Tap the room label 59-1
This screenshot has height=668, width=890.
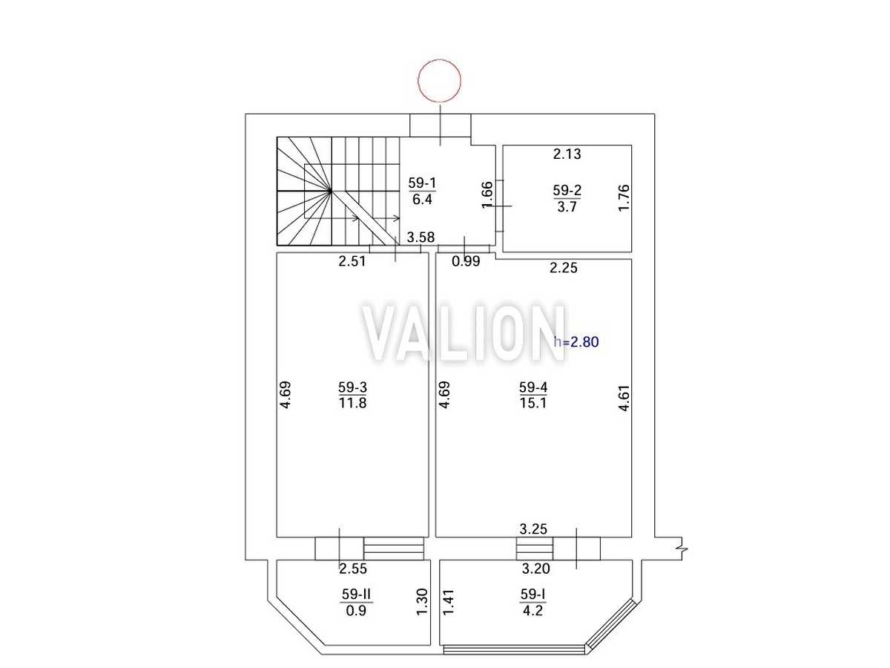422,183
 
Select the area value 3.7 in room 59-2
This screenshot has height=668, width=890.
567,207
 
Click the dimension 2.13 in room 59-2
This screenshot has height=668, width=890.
567,154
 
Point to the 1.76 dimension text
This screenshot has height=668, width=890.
624,197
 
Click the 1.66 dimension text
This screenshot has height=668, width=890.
487,194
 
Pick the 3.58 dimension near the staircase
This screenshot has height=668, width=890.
421,238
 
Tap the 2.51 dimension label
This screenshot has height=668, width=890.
352,261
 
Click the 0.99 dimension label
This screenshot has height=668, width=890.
466,261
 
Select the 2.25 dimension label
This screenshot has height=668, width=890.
563,268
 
